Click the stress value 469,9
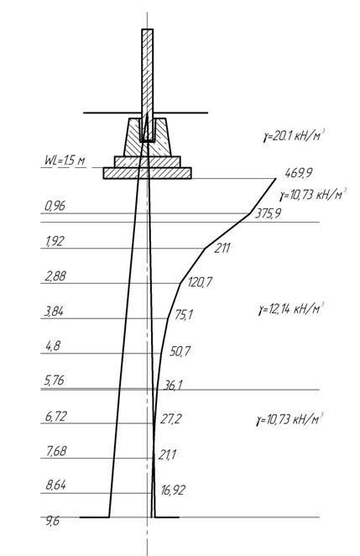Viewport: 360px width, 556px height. (299, 174)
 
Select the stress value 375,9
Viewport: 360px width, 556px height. (268, 214)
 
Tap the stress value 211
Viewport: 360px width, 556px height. (222, 248)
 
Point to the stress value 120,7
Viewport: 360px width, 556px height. (200, 282)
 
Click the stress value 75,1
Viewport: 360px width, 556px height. (184, 315)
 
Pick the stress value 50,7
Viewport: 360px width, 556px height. (180, 351)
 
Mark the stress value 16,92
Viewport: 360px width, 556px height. (173, 490)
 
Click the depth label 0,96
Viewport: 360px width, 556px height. (55, 206)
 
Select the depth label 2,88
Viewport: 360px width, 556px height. (55, 276)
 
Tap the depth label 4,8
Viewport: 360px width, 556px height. (53, 346)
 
